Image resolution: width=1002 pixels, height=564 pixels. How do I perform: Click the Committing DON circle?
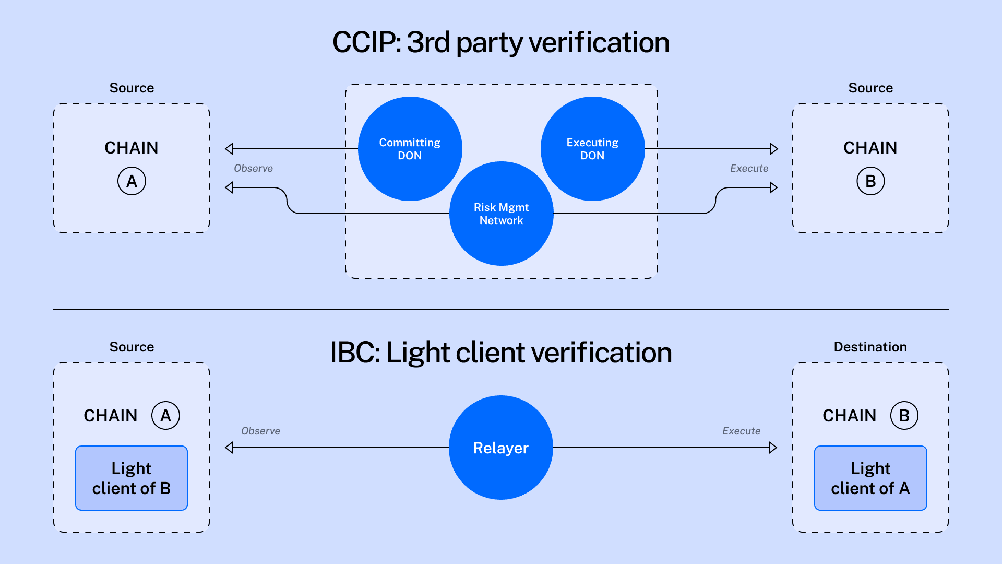(x=410, y=149)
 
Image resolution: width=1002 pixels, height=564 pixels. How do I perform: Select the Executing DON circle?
(x=592, y=149)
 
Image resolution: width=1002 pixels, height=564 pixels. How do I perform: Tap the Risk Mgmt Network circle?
(x=501, y=214)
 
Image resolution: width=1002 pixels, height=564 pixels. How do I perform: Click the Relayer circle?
(x=501, y=448)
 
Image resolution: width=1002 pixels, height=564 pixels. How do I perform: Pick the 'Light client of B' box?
(x=132, y=478)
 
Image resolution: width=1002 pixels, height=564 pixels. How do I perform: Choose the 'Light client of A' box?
(x=870, y=478)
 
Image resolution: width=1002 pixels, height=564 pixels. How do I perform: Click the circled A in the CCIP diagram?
(x=132, y=181)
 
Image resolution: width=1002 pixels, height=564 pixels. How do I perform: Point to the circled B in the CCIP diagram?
(x=870, y=181)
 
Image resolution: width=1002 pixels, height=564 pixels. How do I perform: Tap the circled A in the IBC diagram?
(x=165, y=416)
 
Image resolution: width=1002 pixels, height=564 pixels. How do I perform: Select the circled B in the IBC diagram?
(x=904, y=416)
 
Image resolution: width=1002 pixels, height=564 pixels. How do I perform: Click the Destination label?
(x=870, y=347)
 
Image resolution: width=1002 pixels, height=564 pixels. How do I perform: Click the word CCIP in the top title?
(x=365, y=42)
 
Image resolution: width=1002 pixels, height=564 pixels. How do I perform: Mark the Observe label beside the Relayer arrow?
(x=260, y=431)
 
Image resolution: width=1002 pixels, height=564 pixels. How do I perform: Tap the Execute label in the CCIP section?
(x=749, y=168)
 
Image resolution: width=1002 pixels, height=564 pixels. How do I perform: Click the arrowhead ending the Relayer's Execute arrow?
(x=773, y=448)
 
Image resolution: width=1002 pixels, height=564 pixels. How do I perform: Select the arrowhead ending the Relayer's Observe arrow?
(x=229, y=448)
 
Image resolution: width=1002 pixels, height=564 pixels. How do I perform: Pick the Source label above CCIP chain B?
(x=870, y=88)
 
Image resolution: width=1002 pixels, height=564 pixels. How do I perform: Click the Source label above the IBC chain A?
(x=132, y=347)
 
